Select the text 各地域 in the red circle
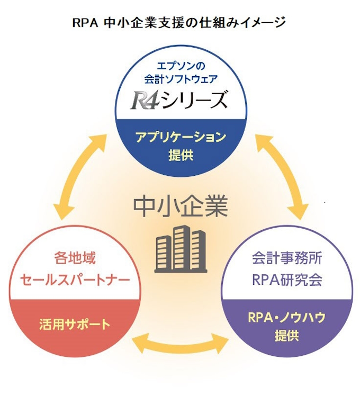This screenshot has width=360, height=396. pyautogui.click(x=75, y=259)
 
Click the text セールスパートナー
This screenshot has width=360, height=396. pyautogui.click(x=75, y=279)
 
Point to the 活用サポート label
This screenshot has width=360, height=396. pyautogui.click(x=75, y=324)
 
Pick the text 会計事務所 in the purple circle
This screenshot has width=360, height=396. pyautogui.click(x=286, y=260)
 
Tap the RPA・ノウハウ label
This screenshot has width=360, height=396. pyautogui.click(x=286, y=318)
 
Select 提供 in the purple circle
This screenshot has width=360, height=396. pyautogui.click(x=286, y=336)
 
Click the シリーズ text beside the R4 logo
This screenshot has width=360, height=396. pyautogui.click(x=197, y=100)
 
